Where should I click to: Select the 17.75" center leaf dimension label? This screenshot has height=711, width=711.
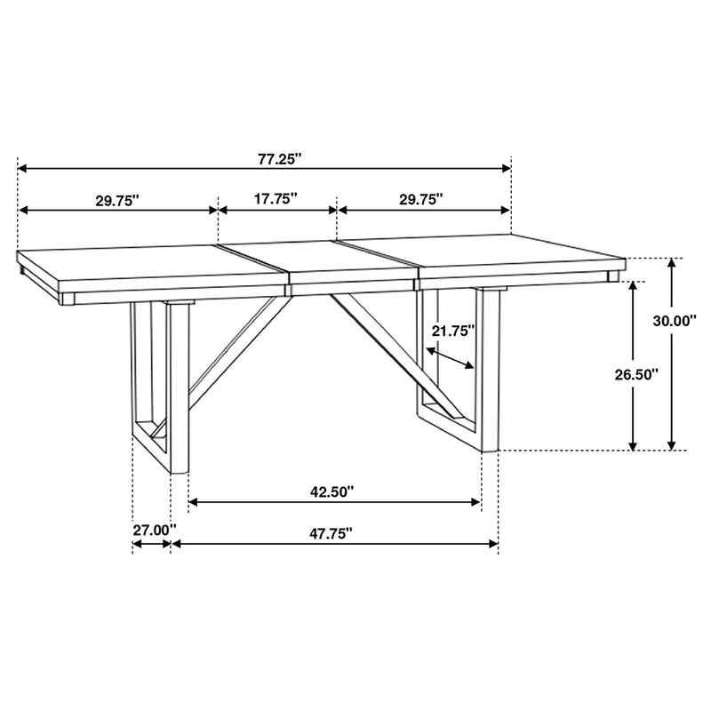point(276,200)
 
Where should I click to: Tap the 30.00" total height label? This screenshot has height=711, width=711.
point(675,322)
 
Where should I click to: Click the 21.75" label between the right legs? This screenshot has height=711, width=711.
point(453,331)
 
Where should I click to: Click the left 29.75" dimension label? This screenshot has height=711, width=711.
point(119,201)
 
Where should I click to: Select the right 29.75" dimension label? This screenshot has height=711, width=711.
point(420,201)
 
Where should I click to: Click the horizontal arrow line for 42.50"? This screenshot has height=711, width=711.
point(335,503)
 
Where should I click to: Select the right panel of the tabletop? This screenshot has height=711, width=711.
point(498,258)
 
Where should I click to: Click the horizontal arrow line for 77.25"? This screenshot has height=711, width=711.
point(400,167)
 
